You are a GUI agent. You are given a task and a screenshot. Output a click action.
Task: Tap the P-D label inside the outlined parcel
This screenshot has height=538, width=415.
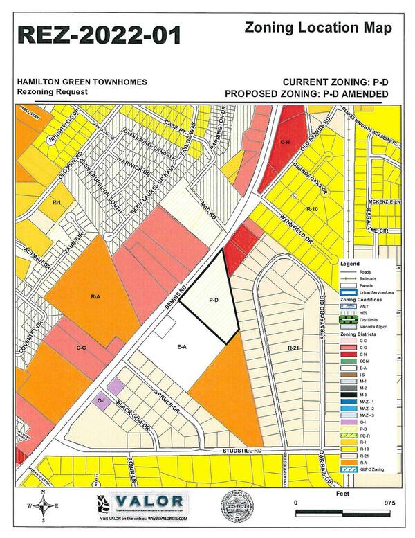(214, 301)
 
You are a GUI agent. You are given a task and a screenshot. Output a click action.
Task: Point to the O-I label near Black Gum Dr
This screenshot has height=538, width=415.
(102, 400)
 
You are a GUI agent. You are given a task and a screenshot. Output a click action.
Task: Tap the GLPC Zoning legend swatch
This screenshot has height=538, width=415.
(349, 469)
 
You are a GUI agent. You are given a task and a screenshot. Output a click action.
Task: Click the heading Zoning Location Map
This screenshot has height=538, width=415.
(317, 28)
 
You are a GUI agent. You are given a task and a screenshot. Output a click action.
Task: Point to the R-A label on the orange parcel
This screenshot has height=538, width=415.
(95, 296)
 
